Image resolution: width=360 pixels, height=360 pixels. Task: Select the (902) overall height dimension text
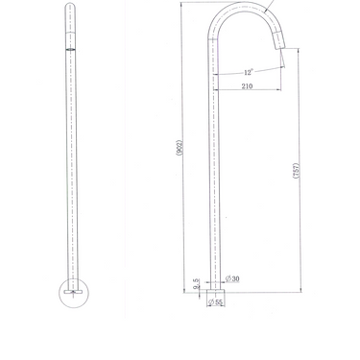tap(180, 150)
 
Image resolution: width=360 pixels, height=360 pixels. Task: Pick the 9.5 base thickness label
tap(196, 284)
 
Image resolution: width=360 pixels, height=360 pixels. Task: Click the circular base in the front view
tap(73, 290)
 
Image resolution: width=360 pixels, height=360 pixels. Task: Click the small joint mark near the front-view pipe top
tap(73, 49)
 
